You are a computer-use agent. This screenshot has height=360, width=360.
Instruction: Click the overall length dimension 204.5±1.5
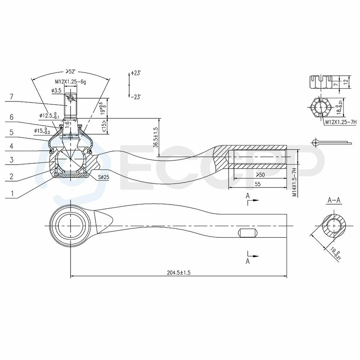click(179, 273)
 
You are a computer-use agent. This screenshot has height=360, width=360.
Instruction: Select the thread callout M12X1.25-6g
click(70, 81)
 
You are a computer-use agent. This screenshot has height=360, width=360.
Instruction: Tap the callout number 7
click(12, 97)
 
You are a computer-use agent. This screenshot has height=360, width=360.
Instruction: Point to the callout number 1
click(12, 194)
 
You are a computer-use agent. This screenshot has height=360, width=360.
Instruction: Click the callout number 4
click(12, 146)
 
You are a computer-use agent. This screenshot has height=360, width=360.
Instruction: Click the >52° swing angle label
click(71, 71)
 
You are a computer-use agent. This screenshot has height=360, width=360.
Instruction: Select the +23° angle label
click(136, 73)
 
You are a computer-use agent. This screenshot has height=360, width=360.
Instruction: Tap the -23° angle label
click(136, 97)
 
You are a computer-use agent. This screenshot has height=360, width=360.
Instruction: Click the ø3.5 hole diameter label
click(57, 90)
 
